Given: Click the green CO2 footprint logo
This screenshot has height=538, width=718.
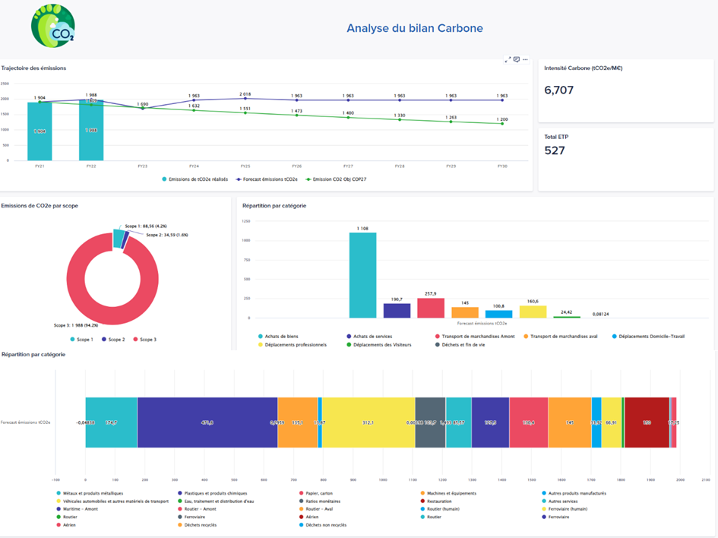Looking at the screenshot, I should point(53,27).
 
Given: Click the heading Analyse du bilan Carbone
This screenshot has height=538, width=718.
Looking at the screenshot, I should point(415,29).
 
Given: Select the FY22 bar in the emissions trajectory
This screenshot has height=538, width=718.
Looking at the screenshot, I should point(90,130).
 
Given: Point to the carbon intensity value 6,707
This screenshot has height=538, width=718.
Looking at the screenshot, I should point(559,90).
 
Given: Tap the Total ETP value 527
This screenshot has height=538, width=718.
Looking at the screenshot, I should point(555,150).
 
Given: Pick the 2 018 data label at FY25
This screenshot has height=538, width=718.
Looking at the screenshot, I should point(245,94).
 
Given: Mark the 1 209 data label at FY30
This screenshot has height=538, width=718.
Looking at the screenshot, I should point(501,119).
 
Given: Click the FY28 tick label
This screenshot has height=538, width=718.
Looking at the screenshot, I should point(399,165).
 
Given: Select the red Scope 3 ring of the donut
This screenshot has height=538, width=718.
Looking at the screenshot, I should point(84,289).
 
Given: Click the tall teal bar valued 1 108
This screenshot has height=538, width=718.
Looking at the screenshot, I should point(363,275).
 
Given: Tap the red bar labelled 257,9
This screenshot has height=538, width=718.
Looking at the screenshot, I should point(431,308).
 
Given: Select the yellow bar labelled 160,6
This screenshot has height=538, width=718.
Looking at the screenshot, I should point(533,312).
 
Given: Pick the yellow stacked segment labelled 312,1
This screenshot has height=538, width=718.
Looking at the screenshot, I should point(368,422).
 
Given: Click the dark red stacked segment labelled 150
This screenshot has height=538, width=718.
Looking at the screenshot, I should point(647,422).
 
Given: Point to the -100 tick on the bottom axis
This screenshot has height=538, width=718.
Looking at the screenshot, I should point(55,479).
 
